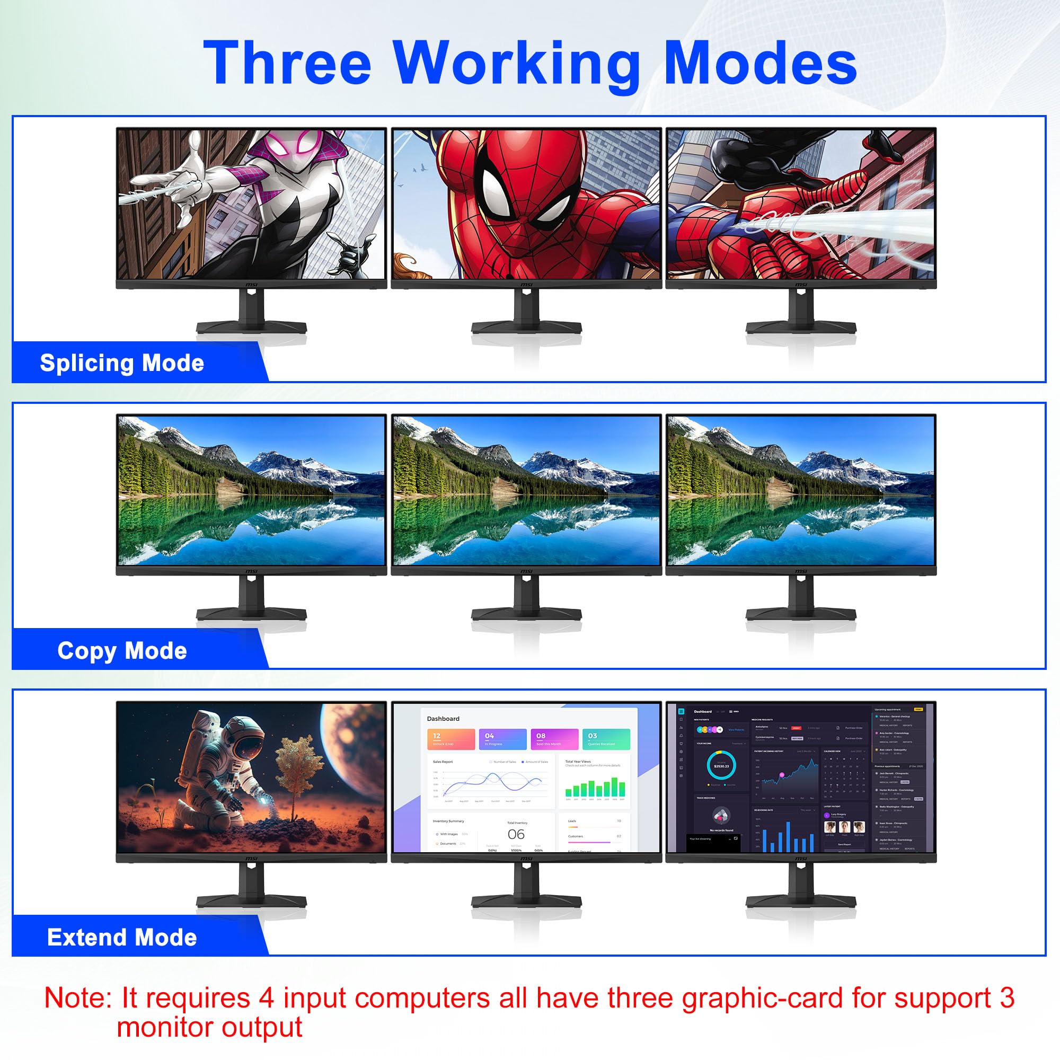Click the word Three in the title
click(287, 63)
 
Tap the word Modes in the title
click(761, 63)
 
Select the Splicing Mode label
click(122, 363)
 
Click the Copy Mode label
click(122, 651)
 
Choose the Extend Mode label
click(122, 938)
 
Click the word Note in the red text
click(77, 997)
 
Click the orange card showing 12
click(450, 739)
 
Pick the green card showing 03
click(606, 739)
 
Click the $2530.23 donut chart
click(721, 766)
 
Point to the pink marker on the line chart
click(782, 775)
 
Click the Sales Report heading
click(443, 762)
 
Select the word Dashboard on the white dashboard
click(443, 719)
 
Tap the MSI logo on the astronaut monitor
click(251, 859)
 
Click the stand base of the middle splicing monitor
click(526, 328)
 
